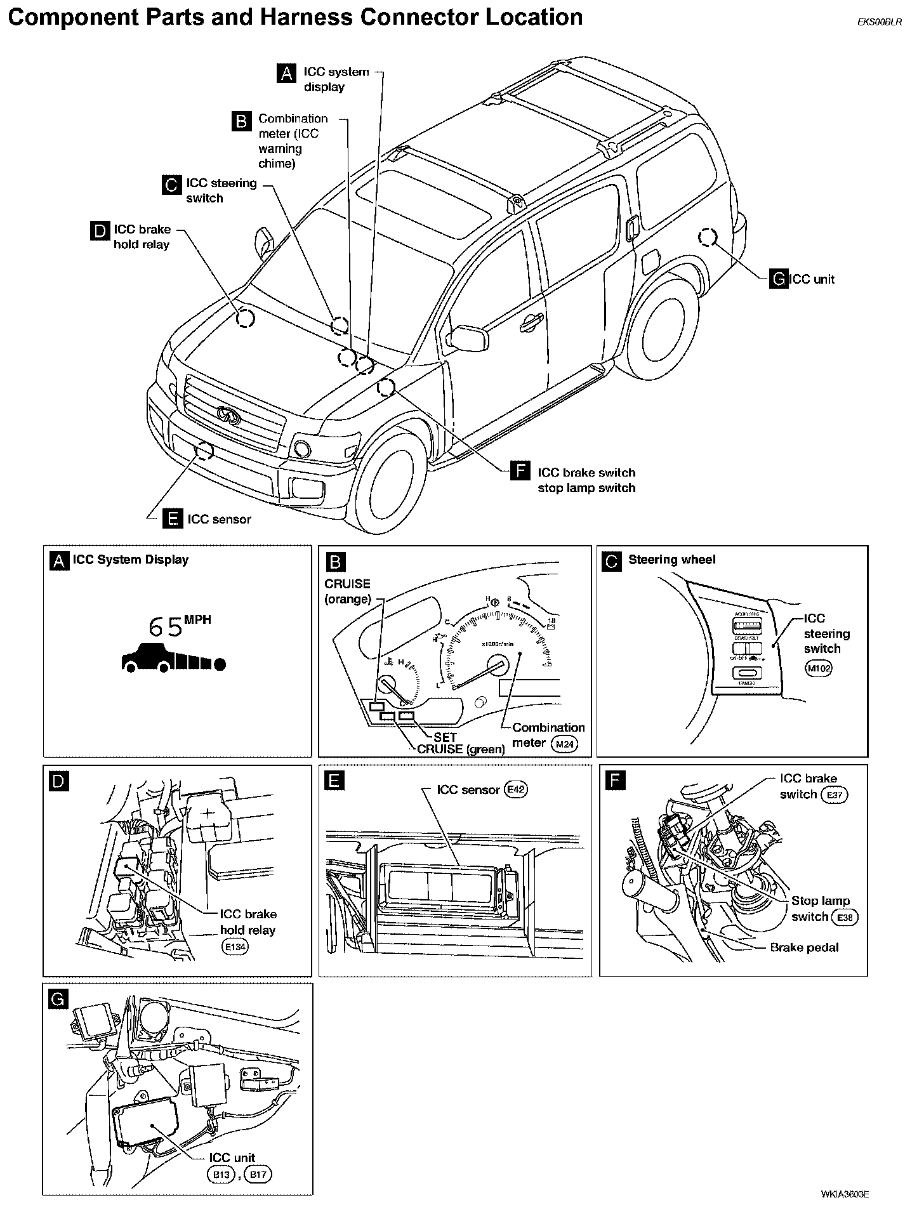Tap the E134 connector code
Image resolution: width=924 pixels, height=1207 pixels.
coord(235,947)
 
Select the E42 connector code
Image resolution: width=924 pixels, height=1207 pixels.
coord(515,789)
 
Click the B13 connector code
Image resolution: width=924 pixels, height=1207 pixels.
coord(221,1175)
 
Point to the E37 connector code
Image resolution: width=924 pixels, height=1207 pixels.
coord(834,795)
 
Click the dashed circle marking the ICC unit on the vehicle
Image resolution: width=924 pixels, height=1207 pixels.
coord(707,238)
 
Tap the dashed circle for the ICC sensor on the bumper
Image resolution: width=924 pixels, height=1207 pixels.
coord(204,450)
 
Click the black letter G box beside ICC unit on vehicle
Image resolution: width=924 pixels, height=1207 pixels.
coord(778,279)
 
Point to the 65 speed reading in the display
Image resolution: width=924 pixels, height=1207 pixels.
coord(165,627)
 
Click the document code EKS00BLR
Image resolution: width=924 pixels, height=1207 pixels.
coord(879,21)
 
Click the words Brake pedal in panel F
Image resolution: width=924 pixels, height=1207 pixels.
coord(804,947)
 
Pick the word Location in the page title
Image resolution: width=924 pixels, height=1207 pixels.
coord(534,17)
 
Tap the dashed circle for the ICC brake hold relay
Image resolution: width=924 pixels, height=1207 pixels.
coord(245,318)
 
